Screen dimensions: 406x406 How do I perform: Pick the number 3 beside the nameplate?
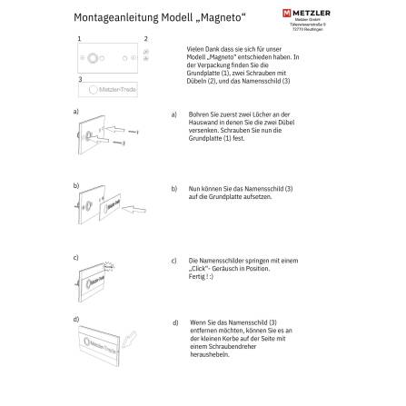pyautogui.click(x=80, y=78)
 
